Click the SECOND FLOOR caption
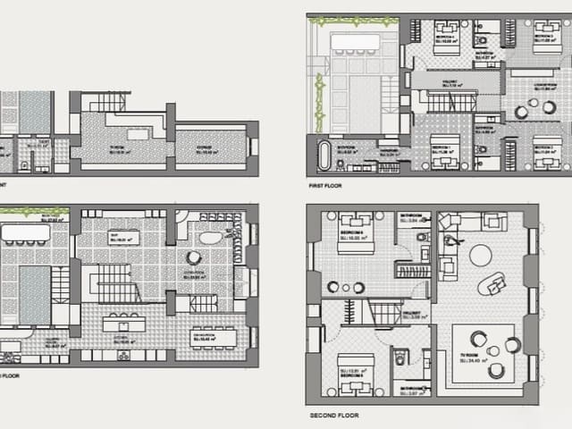335,416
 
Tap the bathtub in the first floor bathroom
324,154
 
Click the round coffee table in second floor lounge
481,256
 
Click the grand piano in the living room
212,237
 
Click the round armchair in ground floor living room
193,257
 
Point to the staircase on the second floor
383,312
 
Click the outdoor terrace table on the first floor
355,41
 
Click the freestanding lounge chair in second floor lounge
492,284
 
